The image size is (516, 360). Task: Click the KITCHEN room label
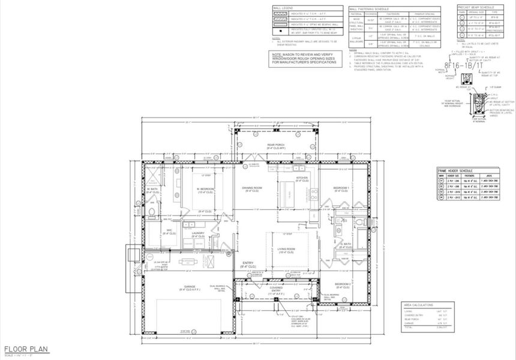click(302, 178)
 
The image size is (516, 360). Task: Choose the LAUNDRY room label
click(198, 234)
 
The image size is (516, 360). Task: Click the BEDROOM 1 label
click(341, 188)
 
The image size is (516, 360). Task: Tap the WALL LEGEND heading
click(282, 9)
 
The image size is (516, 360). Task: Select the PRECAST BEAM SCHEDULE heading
click(477, 7)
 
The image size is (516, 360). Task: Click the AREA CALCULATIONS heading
click(419, 305)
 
